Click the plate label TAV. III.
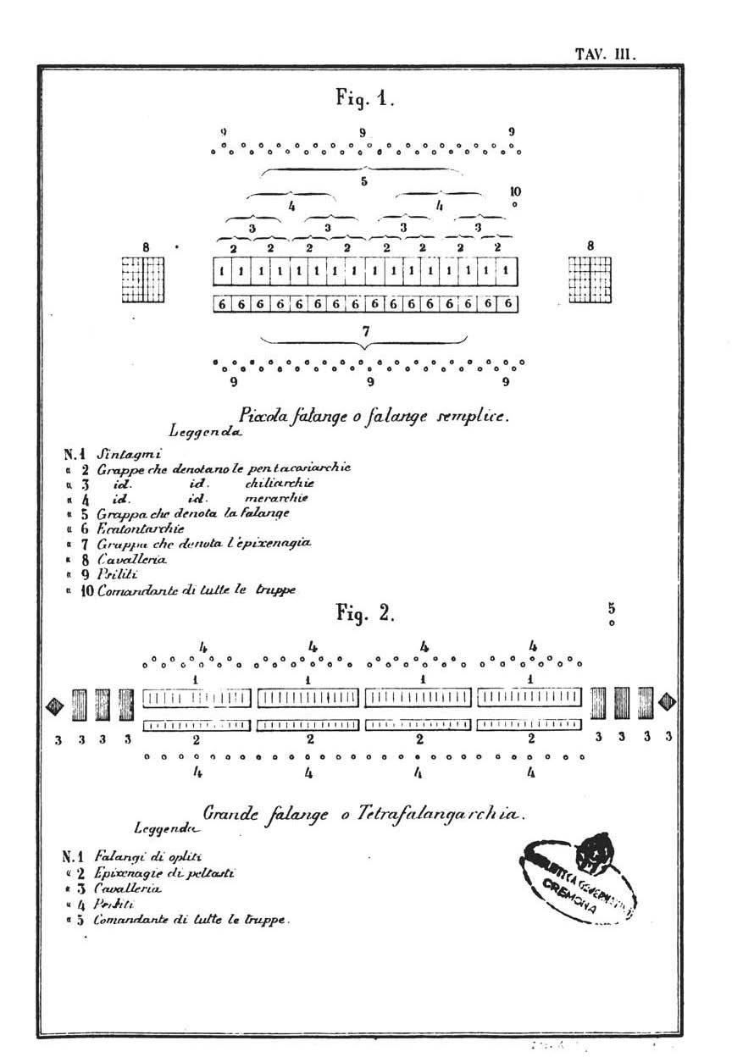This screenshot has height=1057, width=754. click(x=605, y=54)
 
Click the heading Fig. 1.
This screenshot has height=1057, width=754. click(x=365, y=98)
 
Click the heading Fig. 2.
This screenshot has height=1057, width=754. click(x=365, y=612)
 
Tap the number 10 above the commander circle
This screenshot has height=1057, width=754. click(x=516, y=191)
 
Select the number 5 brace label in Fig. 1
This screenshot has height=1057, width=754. click(x=363, y=181)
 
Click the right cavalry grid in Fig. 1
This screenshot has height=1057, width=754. click(x=590, y=278)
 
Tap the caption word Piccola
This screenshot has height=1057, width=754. click(x=267, y=415)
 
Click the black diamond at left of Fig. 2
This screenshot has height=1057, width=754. click(x=56, y=704)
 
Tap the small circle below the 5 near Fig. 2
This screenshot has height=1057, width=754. click(x=612, y=623)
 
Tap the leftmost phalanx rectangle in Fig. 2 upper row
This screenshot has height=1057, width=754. click(x=197, y=698)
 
